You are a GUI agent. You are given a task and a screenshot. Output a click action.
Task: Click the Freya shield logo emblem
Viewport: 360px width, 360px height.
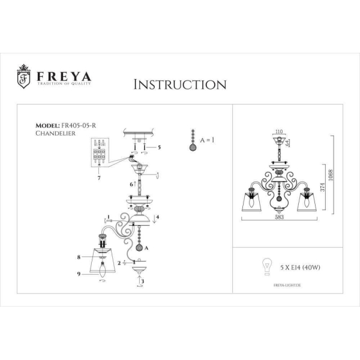coord(23,77)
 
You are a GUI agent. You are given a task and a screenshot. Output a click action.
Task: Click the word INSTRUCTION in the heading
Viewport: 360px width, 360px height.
coord(179,84)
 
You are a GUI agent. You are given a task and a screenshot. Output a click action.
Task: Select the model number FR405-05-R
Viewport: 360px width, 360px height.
coord(80,125)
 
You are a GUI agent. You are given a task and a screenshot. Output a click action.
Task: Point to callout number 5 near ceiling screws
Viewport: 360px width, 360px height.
coord(160,146)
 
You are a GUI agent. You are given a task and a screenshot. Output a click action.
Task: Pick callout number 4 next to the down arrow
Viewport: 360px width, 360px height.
coord(157,217)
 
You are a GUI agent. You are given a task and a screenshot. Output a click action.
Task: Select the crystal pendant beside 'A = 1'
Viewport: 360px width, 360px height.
coord(192,141)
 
